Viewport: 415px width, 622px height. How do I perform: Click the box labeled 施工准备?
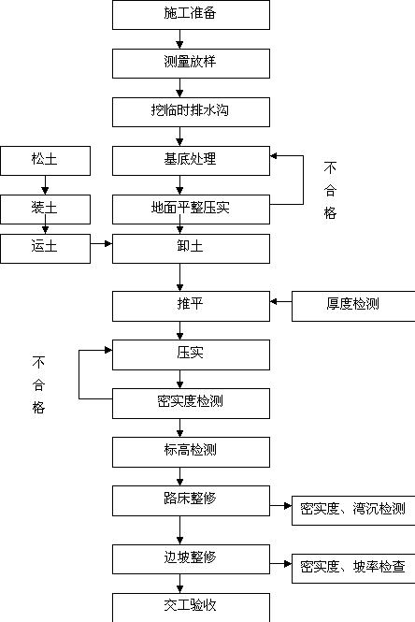pos(191,15)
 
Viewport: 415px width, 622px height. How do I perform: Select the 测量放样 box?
pos(191,64)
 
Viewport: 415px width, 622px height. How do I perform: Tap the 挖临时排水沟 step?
pos(191,112)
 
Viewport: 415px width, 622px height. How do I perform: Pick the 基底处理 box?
pos(191,161)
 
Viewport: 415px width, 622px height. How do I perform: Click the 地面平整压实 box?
pos(191,210)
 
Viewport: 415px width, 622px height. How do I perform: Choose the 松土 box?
pos(45,161)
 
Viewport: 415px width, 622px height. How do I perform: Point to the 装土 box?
pos(45,210)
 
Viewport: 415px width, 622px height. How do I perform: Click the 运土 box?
pos(45,249)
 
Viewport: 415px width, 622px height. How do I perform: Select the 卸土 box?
pos(191,249)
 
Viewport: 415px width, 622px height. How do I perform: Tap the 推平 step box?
pos(191,306)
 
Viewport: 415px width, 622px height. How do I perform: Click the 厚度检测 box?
pos(353,306)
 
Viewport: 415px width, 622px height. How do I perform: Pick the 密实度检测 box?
pos(191,403)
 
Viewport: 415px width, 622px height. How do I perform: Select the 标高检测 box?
pos(191,452)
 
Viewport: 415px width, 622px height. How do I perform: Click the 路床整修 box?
pos(191,501)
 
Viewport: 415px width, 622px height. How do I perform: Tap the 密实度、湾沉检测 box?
pos(353,511)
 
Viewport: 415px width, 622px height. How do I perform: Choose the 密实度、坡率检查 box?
pos(353,569)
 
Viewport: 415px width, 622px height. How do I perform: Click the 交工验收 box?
pos(191,608)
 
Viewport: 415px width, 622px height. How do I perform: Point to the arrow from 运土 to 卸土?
pos(101,243)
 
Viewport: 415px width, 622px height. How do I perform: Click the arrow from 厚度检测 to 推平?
pos(281,302)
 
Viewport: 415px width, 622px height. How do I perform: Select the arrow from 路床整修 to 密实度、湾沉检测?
pos(281,506)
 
